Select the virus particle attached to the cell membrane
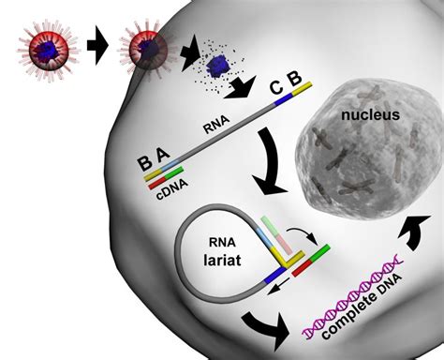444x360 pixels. (149, 52)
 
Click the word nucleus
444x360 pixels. (370, 116)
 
